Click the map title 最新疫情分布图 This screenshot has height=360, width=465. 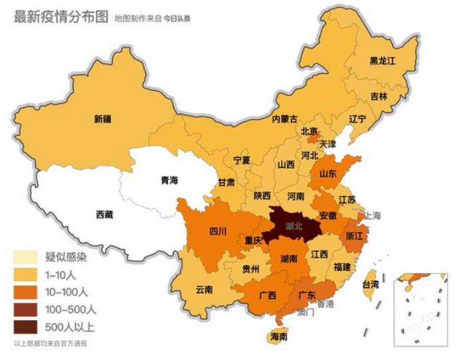click(x=60, y=17)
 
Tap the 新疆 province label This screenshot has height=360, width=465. click(x=102, y=120)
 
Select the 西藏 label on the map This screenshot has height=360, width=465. click(x=104, y=214)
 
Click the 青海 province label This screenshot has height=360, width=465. click(x=169, y=180)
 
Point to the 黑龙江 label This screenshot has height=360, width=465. click(x=382, y=60)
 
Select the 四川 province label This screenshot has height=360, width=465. click(x=218, y=231)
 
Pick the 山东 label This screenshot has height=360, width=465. click(x=328, y=173)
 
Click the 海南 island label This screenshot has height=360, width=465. click(x=279, y=337)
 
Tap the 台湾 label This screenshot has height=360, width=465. click(x=370, y=284)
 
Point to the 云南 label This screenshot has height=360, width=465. click(x=204, y=290)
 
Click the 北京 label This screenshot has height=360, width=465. click(x=310, y=131)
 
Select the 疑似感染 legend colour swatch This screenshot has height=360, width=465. click(x=27, y=257)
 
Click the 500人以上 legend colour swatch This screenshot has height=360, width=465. click(x=27, y=326)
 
